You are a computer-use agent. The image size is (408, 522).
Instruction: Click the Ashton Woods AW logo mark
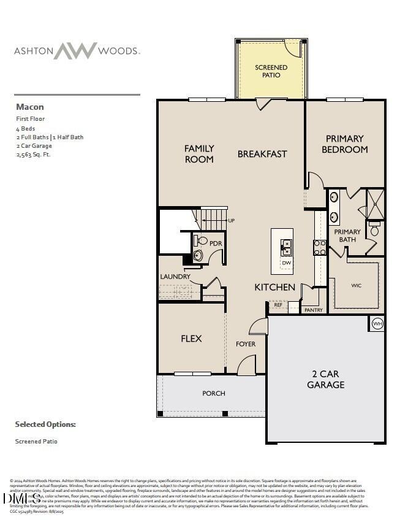(75, 51)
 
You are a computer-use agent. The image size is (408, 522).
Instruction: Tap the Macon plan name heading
(29, 107)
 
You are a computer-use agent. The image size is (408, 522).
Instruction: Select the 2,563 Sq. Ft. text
(33, 155)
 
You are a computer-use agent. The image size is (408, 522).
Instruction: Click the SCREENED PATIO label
(271, 71)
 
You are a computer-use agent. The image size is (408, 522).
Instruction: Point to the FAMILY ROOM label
(199, 153)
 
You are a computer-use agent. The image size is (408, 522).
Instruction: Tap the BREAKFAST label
(262, 154)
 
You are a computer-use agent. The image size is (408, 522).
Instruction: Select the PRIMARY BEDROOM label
(344, 144)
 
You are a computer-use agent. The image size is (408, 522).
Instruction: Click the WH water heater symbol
(377, 324)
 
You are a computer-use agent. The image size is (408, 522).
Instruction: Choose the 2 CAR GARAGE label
(325, 379)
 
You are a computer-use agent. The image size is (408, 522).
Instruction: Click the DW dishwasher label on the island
(286, 263)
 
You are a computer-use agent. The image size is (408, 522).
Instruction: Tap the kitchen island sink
(286, 247)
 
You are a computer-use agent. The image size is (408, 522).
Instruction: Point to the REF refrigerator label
(278, 304)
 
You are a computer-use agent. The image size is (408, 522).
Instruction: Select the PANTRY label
(314, 310)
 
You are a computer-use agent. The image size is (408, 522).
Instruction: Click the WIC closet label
(356, 285)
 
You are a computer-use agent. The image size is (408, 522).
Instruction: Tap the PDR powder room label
(215, 244)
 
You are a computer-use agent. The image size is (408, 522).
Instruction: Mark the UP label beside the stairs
(231, 221)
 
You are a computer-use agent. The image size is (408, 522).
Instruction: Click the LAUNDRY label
(175, 277)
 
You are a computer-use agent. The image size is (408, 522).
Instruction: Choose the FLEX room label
(191, 339)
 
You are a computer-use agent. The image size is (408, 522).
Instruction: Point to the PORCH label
(214, 393)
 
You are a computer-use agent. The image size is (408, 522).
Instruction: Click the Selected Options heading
(45, 424)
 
